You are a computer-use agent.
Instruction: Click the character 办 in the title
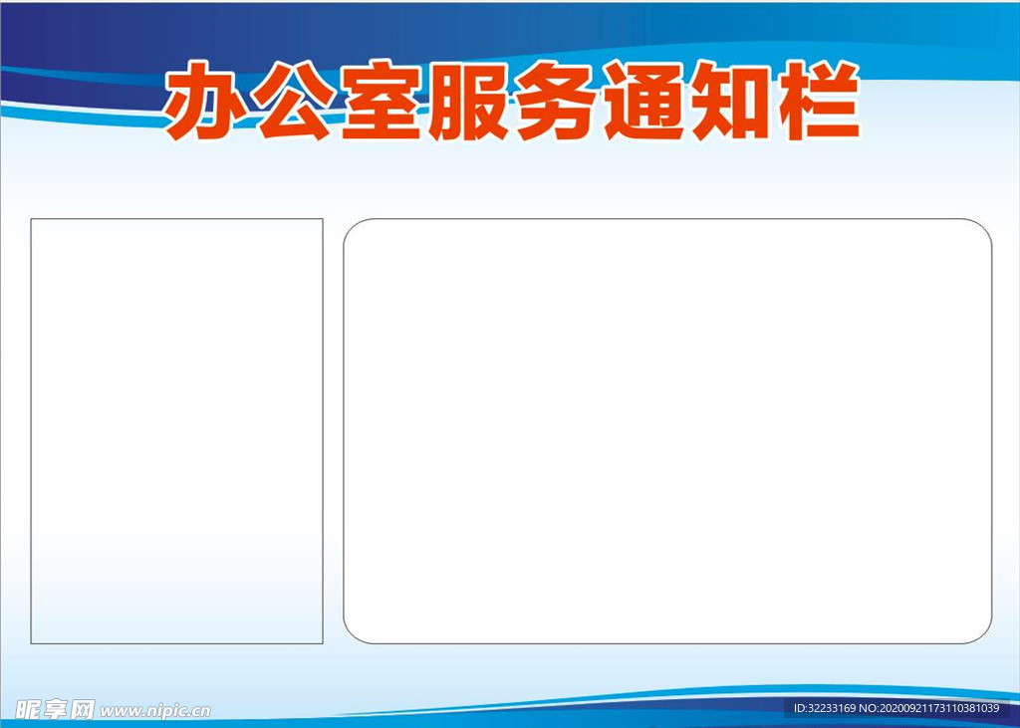pyautogui.click(x=204, y=101)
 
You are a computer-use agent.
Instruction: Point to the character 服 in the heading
pyautogui.click(x=468, y=101)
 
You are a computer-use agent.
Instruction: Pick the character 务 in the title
pyautogui.click(x=556, y=101)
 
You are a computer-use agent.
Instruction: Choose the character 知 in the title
pyautogui.click(x=731, y=101)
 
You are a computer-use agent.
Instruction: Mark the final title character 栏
pyautogui.click(x=819, y=101)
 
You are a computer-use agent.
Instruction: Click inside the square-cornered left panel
pyautogui.click(x=177, y=431)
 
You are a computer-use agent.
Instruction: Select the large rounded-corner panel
pyautogui.click(x=667, y=431)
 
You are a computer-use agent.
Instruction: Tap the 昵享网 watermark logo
pyautogui.click(x=56, y=709)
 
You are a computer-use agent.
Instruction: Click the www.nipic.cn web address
pyautogui.click(x=154, y=710)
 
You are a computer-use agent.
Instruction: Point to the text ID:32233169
pyautogui.click(x=825, y=708)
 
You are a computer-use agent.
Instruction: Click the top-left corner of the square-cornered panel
pyautogui.click(x=31, y=218)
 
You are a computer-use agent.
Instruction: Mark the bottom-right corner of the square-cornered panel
pyautogui.click(x=324, y=644)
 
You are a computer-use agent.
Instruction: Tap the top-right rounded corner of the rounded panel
pyautogui.click(x=984, y=226)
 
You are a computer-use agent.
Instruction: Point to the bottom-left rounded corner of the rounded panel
pyautogui.click(x=352, y=636)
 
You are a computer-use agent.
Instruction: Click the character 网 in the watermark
pyautogui.click(x=82, y=709)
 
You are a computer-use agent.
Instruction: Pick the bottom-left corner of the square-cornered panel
pyautogui.click(x=31, y=644)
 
